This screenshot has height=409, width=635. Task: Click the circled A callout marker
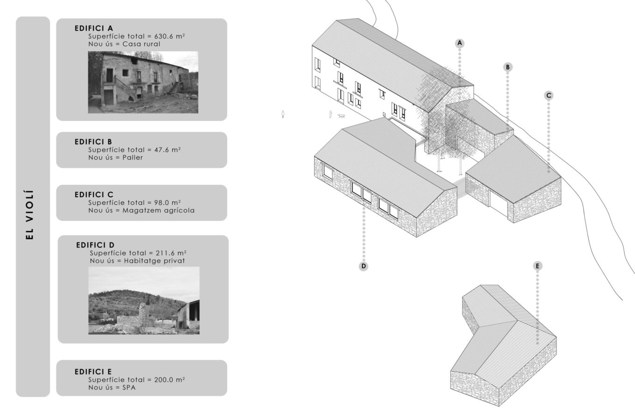[x=459, y=43]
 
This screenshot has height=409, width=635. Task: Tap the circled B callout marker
[x=508, y=67]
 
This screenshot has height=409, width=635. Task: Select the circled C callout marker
[x=549, y=96]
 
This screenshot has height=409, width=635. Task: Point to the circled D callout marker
[x=363, y=266]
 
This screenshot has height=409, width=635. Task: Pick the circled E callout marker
[x=537, y=266]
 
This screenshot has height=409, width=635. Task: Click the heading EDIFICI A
[x=94, y=28]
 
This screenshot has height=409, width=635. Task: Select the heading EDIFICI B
[x=93, y=142]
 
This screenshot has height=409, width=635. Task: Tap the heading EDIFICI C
[x=94, y=195]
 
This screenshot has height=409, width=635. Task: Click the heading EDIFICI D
[x=95, y=245]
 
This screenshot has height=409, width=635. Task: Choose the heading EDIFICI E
[x=93, y=372]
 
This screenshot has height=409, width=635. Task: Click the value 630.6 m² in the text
[x=169, y=36]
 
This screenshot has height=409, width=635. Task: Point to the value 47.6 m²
[x=168, y=150]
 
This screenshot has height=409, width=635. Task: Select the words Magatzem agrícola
[x=158, y=211]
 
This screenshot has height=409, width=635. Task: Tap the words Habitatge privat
[x=155, y=261]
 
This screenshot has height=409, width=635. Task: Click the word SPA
[x=129, y=388]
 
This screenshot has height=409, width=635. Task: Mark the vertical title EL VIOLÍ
[x=30, y=215]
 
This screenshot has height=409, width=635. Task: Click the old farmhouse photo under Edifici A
[x=143, y=82]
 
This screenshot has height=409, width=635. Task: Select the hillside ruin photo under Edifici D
[x=144, y=300]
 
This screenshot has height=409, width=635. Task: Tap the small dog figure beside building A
[x=342, y=116]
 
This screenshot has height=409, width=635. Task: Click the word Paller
[x=133, y=158]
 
